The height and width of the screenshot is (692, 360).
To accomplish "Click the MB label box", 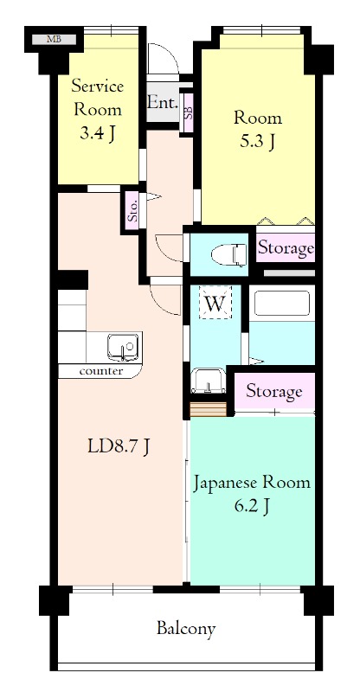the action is click(x=54, y=39).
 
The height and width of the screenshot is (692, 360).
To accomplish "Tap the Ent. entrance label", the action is click(x=163, y=102).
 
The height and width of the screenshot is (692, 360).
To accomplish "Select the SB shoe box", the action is click(x=188, y=112).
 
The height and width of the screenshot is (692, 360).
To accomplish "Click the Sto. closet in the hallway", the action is click(x=132, y=210).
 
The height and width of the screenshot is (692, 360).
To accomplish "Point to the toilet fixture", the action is click(x=229, y=255).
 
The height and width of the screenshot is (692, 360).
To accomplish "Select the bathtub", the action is click(x=282, y=303).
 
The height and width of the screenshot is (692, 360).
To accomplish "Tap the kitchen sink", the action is click(x=123, y=347).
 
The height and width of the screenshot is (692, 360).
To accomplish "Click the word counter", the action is click(x=101, y=371).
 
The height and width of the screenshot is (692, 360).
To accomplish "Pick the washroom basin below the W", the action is click(x=209, y=381).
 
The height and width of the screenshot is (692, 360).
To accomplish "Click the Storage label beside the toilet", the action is click(x=286, y=247).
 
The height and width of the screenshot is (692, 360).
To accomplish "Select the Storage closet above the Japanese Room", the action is click(x=274, y=392).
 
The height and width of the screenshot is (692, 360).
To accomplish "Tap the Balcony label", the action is click(x=186, y=628).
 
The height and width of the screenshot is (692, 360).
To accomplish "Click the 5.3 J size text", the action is click(x=258, y=141).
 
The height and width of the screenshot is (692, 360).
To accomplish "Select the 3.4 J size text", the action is click(x=98, y=133).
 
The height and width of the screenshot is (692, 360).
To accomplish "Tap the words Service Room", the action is click(x=98, y=97).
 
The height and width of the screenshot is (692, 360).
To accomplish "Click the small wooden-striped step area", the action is click(x=208, y=409).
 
